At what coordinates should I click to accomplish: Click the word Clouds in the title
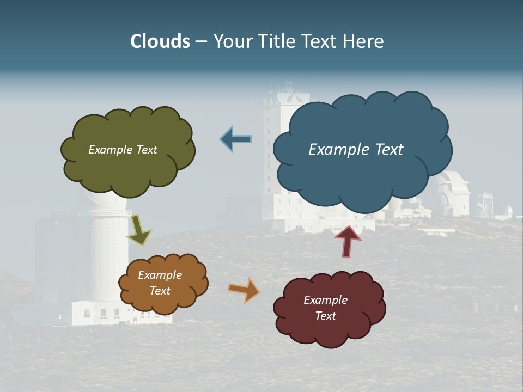pyautogui.click(x=160, y=41)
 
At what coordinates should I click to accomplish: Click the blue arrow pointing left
pyautogui.click(x=236, y=139)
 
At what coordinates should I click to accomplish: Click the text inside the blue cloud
pyautogui.click(x=356, y=150)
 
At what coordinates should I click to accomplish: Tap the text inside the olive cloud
pyautogui.click(x=123, y=150)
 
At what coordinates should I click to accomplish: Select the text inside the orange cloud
pyautogui.click(x=160, y=283)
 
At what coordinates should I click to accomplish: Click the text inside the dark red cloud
pyautogui.click(x=325, y=308)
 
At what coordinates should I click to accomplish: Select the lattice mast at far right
pyautogui.click(x=484, y=205)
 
